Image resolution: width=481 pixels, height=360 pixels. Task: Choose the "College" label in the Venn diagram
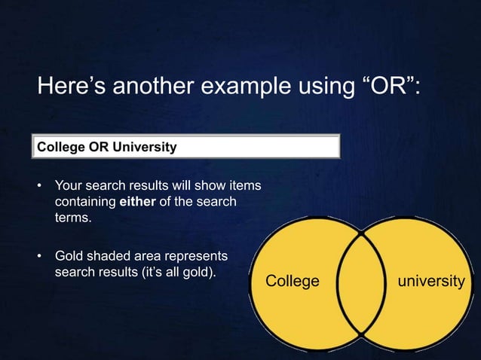pos(293,282)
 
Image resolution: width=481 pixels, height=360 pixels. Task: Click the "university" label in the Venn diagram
pos(430,282)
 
